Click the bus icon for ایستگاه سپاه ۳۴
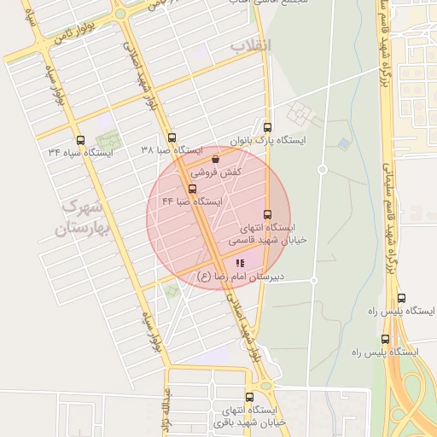[81, 139]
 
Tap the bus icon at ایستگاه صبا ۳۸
[172, 137]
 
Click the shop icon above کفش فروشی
[214, 158]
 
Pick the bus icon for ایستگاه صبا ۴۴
[191, 189]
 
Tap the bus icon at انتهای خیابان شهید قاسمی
[267, 214]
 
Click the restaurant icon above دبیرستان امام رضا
[241, 263]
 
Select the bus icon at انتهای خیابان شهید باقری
[249, 397]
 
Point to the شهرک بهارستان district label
[77, 219]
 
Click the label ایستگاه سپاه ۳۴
[82, 152]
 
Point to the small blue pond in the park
[344, 143]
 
